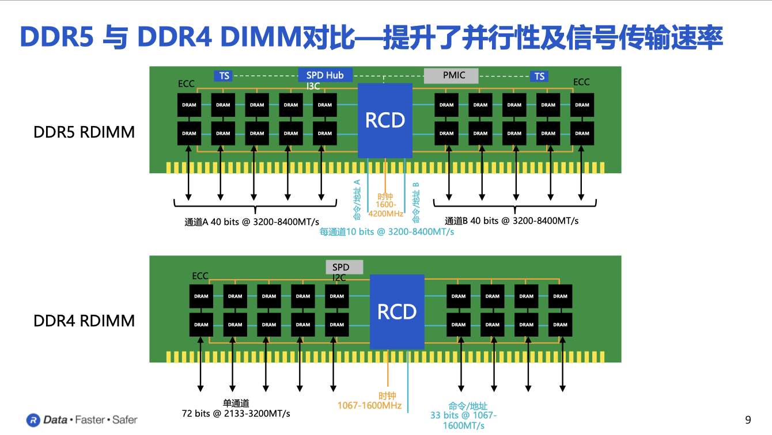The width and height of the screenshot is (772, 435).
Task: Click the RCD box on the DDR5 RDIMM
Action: click(385, 120)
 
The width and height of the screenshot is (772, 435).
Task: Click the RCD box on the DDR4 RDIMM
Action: click(396, 312)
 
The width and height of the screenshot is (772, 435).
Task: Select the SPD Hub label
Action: click(325, 75)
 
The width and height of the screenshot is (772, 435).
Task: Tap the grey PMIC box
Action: click(453, 75)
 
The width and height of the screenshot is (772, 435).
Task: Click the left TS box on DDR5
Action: click(224, 76)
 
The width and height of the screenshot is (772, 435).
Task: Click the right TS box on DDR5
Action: click(539, 76)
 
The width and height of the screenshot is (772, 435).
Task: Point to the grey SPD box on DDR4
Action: click(345, 268)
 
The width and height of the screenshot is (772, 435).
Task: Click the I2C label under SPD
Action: click(339, 278)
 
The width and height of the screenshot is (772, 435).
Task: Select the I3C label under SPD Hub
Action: click(313, 86)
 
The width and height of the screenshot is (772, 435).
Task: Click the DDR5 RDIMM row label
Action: click(84, 132)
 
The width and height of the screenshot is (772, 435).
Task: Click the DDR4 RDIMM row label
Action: click(84, 320)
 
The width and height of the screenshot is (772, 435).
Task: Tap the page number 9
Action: click(748, 419)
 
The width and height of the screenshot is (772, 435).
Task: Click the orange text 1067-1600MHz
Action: click(369, 405)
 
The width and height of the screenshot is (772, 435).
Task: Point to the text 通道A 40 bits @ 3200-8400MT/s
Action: click(252, 221)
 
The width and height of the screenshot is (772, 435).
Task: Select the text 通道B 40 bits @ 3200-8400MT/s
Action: click(512, 220)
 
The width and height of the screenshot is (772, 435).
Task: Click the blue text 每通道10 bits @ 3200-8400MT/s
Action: click(387, 232)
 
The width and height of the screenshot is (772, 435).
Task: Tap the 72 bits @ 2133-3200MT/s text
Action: click(236, 413)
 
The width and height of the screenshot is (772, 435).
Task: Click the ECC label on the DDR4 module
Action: click(200, 276)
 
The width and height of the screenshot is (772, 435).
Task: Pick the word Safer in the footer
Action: click(124, 420)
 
